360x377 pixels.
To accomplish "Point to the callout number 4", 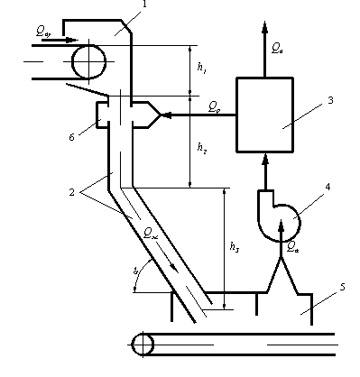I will click(328, 188).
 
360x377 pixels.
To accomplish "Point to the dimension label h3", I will click(232, 245).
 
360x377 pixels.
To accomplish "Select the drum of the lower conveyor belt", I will click(143, 345).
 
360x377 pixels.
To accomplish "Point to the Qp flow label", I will click(213, 106).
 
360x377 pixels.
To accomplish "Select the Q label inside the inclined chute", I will click(151, 231).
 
